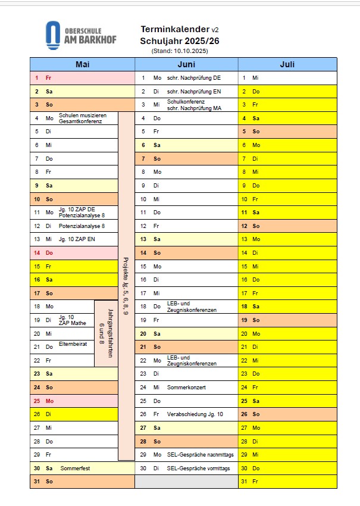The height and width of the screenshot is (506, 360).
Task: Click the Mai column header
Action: pyautogui.click(x=82, y=64)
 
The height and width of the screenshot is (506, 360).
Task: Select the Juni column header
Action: pyautogui.click(x=186, y=64)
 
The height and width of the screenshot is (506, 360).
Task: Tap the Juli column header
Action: pyautogui.click(x=287, y=64)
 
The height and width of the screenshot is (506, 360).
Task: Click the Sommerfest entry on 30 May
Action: pyautogui.click(x=74, y=468)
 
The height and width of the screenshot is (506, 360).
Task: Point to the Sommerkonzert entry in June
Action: pyautogui.click(x=186, y=388)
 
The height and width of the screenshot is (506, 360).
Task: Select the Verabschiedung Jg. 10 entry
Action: pyautogui.click(x=195, y=414)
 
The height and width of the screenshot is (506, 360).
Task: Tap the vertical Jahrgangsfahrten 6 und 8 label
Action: pyautogui.click(x=106, y=333)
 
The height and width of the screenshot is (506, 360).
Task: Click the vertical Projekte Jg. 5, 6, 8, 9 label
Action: pyautogui.click(x=126, y=286)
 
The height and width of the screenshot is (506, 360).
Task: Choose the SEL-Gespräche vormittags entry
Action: pyautogui.click(x=198, y=468)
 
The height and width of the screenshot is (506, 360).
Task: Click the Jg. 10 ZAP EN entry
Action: pyautogui.click(x=77, y=239)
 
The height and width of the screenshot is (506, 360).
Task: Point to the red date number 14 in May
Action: pyautogui.click(x=36, y=253)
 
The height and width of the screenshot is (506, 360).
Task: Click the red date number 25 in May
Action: pyautogui.click(x=36, y=401)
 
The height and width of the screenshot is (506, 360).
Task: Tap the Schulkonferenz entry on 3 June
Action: pyautogui.click(x=186, y=102)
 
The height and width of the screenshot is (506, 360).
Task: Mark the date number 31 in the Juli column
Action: pyautogui.click(x=244, y=482)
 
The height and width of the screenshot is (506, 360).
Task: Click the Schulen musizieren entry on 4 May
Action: pyautogui.click(x=82, y=115)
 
